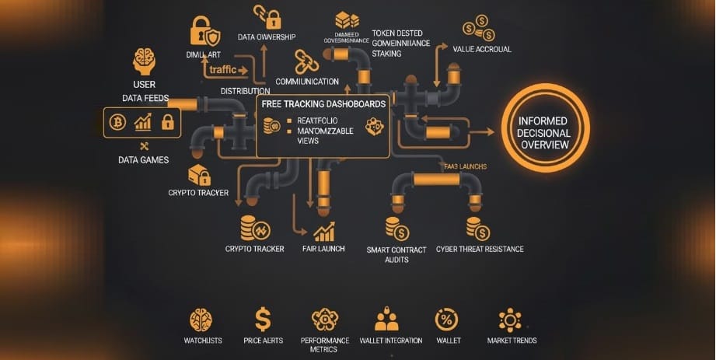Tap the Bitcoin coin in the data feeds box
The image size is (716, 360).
tap(119, 121)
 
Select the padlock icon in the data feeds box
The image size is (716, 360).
tap(166, 121)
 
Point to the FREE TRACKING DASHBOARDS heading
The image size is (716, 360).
tap(323, 103)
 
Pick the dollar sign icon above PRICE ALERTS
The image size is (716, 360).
tap(263, 319)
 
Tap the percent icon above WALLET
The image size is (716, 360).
tap(447, 319)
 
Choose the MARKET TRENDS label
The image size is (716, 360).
tap(512, 341)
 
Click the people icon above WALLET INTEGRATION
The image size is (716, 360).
tap(386, 319)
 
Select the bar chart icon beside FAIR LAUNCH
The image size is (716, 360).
tap(324, 231)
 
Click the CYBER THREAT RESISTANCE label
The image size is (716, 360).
tap(480, 249)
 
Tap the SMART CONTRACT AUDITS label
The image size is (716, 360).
tap(396, 254)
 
